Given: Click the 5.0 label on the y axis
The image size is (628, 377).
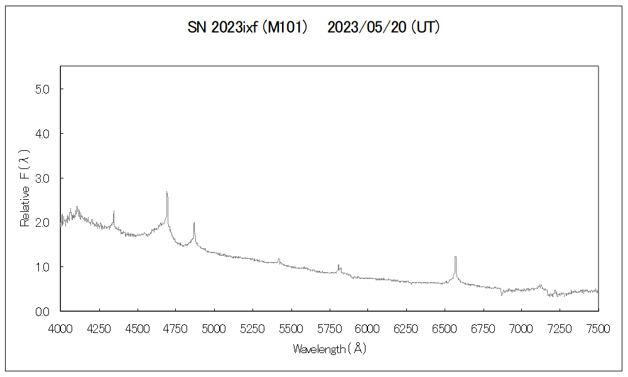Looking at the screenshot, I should click(x=41, y=89).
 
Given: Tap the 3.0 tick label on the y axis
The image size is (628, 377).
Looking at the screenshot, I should click(x=41, y=178).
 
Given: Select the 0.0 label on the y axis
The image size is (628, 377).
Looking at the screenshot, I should click(x=41, y=311).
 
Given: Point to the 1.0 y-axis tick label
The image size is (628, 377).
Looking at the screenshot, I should click(x=41, y=267).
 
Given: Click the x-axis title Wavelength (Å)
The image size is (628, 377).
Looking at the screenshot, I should click(x=329, y=349).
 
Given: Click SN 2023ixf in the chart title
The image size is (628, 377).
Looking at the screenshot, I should click(x=223, y=28).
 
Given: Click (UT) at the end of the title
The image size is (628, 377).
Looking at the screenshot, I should click(x=425, y=28).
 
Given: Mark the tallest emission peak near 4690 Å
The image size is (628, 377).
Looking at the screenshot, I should click(x=166, y=193).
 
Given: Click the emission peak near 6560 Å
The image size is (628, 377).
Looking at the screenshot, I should click(x=455, y=258).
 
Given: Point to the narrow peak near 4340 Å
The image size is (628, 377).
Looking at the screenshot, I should click(x=114, y=212).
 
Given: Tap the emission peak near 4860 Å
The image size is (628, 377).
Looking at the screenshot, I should click(x=194, y=223).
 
